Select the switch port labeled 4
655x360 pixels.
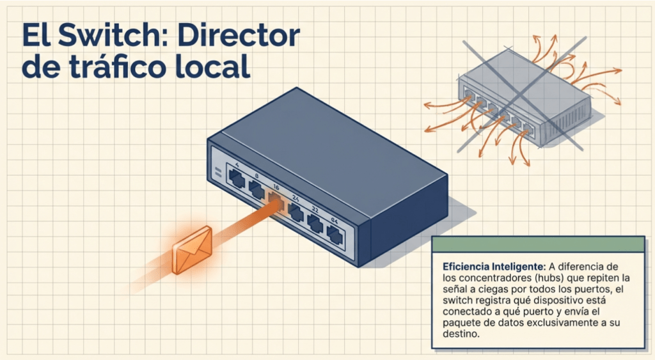(x=237, y=180)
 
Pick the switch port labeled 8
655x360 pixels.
(x=256, y=190)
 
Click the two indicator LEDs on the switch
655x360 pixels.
(x=217, y=171)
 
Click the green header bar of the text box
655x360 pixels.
(x=538, y=244)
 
